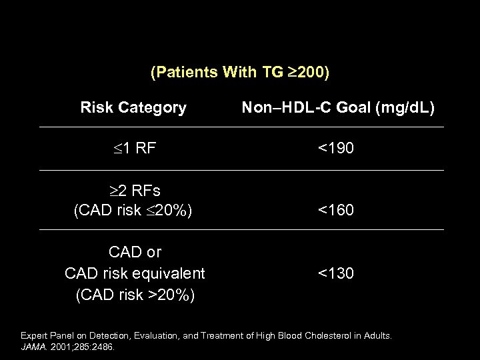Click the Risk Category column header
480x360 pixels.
(133, 107)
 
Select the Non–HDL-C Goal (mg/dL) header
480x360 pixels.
(337, 107)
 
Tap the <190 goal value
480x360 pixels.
(336, 148)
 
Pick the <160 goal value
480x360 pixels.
(336, 211)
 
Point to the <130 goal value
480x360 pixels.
(336, 273)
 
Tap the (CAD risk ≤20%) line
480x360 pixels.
(133, 211)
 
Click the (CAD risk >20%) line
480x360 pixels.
(135, 295)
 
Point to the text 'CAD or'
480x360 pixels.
(135, 252)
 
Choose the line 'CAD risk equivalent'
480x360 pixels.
(135, 273)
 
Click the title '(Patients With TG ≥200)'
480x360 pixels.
(239, 73)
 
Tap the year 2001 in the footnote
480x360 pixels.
(58, 347)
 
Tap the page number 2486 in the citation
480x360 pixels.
(103, 347)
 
